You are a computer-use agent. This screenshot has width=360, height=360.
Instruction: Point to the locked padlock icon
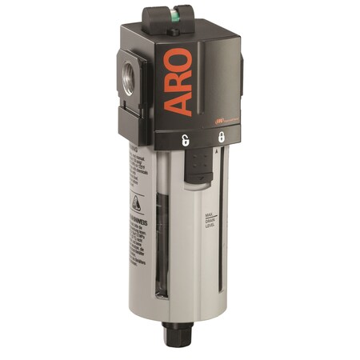coord(220,137)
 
